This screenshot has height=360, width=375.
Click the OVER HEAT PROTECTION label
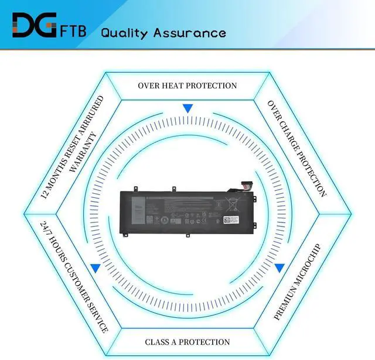click(x=187, y=85)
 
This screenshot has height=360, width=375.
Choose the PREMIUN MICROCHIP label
click(x=298, y=280)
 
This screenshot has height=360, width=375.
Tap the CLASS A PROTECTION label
click(x=187, y=342)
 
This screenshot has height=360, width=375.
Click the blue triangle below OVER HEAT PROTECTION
click(x=187, y=108)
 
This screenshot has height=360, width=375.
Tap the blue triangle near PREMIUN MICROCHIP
click(x=279, y=268)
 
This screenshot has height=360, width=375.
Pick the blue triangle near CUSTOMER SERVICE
click(x=94, y=268)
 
